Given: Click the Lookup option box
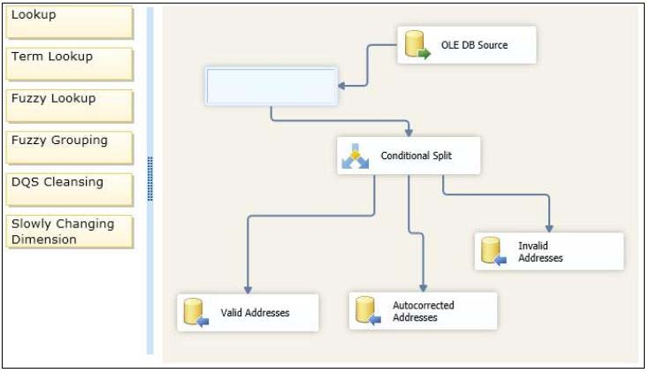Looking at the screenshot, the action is [x=70, y=22].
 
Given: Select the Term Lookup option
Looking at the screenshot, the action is [x=70, y=65].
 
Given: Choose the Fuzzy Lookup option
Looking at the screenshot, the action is [x=70, y=106].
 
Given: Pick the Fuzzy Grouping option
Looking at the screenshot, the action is [x=70, y=148].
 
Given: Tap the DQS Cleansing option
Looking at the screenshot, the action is [x=70, y=190].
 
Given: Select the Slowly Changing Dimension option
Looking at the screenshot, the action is [x=70, y=232].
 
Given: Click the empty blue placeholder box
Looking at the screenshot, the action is [x=271, y=87].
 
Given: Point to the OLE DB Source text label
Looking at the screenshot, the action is [x=474, y=45].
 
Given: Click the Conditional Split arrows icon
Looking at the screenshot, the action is [x=355, y=156].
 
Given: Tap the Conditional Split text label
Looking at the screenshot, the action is [x=417, y=156].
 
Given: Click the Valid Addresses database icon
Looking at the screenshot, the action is [x=195, y=312].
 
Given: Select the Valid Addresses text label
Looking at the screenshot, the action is [x=255, y=313].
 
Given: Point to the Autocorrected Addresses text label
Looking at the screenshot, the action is [x=424, y=311].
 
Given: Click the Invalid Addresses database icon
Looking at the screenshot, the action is [x=493, y=251].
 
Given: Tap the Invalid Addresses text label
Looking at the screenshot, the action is [x=540, y=252].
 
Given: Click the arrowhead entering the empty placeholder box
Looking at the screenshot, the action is [x=341, y=86].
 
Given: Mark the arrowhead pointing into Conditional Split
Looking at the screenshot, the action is [x=409, y=133].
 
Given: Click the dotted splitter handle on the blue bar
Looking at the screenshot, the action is [x=150, y=179].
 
